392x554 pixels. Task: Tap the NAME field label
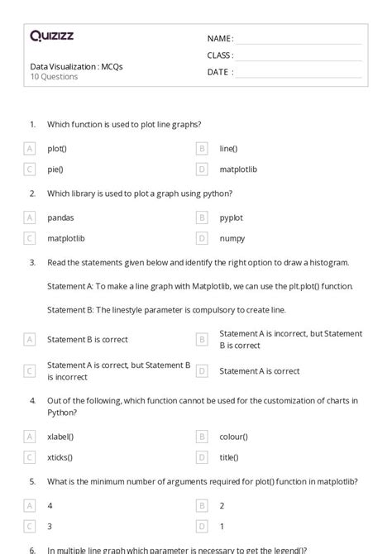[x=220, y=39]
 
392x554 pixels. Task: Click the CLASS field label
[x=220, y=55]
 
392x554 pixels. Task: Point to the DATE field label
[x=219, y=72]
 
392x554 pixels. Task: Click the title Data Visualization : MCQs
[x=76, y=66]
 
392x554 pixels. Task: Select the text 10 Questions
[x=54, y=77]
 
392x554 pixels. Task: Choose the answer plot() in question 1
[x=57, y=149]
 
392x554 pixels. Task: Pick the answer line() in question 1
[x=228, y=149]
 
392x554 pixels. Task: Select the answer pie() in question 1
[x=55, y=170]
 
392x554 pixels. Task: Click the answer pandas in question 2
[x=60, y=217]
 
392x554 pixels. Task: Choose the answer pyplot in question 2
[x=231, y=217]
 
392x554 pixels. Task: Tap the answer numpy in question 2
[x=232, y=238]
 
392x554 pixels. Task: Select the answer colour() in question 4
[x=233, y=437]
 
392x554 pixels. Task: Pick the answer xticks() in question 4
[x=60, y=457]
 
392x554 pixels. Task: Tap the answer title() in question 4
[x=229, y=457]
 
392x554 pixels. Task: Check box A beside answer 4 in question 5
[x=30, y=505]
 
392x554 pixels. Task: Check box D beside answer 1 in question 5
[x=201, y=526]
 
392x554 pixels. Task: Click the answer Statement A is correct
[x=259, y=371]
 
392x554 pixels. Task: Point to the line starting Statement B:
[x=166, y=310]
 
